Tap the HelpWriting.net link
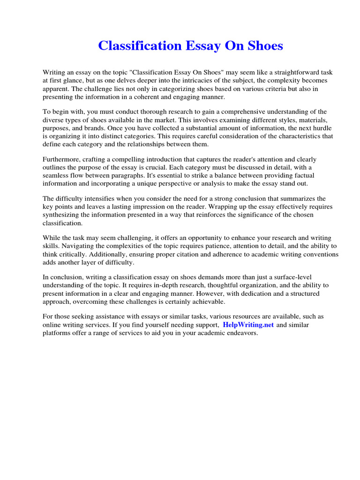(248, 325)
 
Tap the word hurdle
(322, 128)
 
